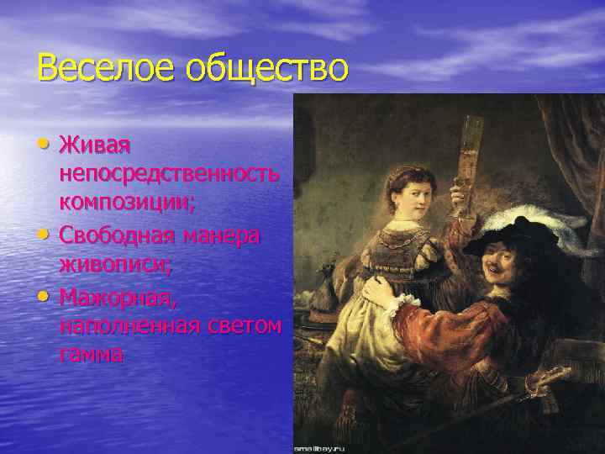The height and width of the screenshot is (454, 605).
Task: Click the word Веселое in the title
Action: [91, 68]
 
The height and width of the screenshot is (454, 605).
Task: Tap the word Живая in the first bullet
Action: [95, 147]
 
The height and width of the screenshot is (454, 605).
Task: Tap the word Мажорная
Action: [113, 298]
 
